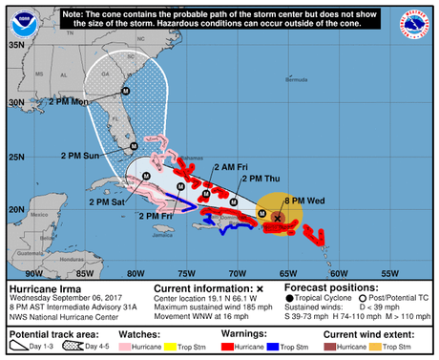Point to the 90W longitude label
(x=20, y=271)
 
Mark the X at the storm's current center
(x=277, y=219)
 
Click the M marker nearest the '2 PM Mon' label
(x=123, y=91)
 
